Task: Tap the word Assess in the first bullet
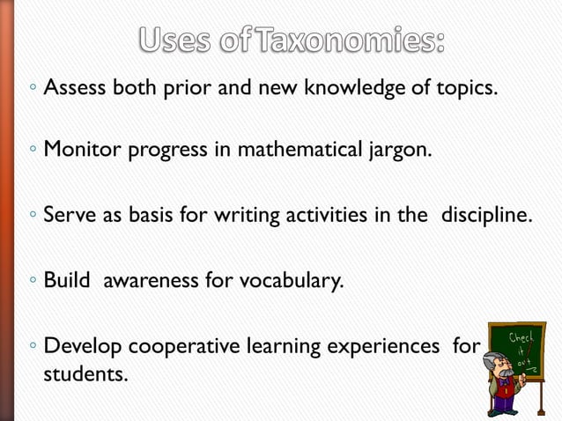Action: click(x=75, y=88)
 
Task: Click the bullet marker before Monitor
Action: click(x=30, y=151)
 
